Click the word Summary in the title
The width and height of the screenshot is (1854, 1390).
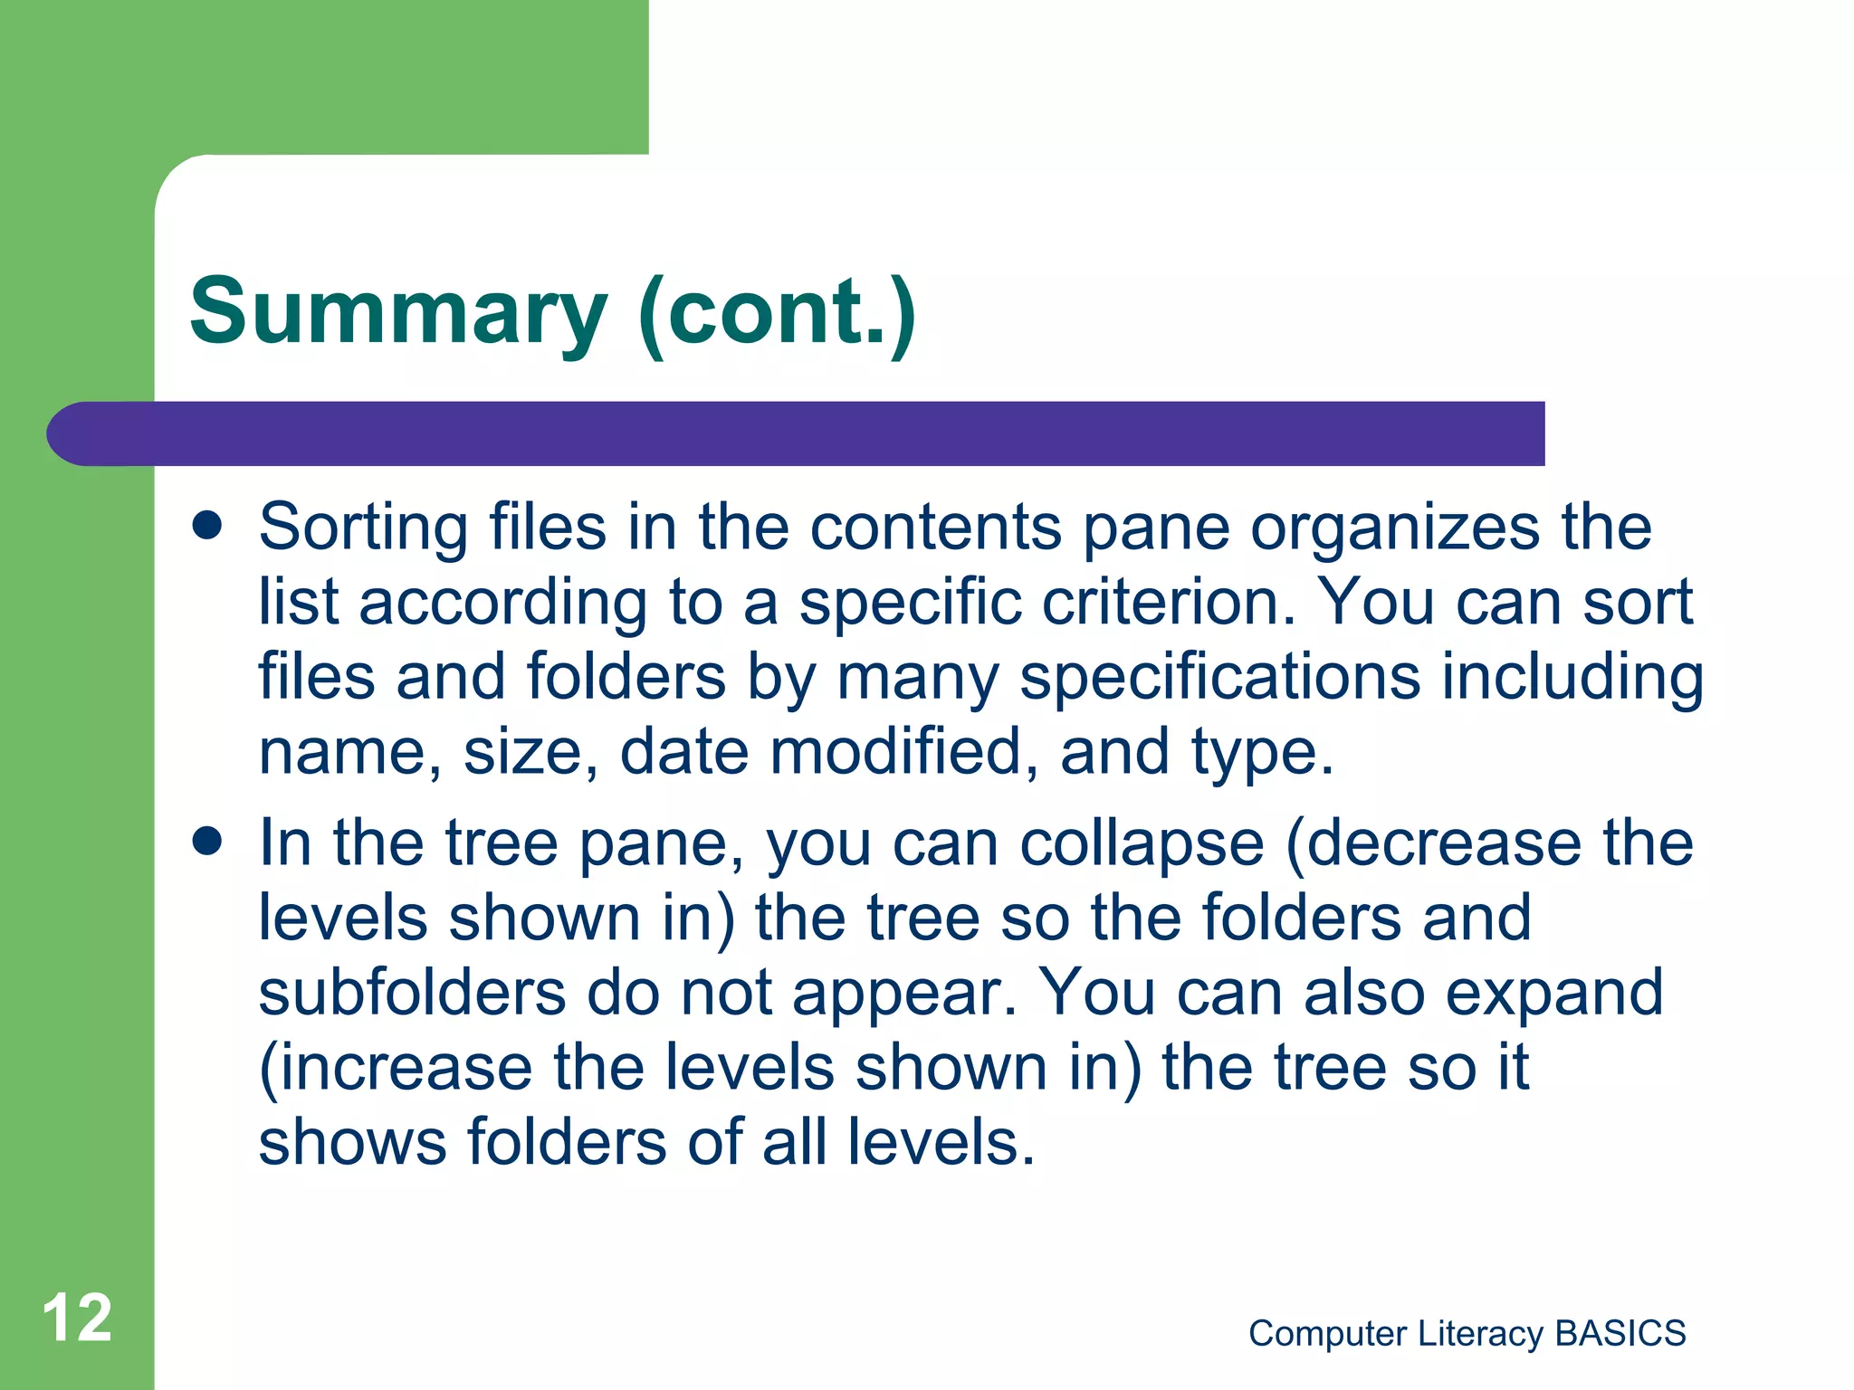(x=398, y=312)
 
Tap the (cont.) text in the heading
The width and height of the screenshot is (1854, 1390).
(x=777, y=312)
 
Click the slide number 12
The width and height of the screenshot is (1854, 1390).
(x=77, y=1318)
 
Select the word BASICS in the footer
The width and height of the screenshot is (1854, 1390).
(x=1620, y=1333)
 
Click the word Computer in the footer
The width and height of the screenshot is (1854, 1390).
(x=1327, y=1333)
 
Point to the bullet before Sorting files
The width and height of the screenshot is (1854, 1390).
(x=207, y=526)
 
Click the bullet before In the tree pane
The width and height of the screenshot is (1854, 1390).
(x=207, y=842)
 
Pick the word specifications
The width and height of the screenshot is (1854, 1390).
(x=1219, y=678)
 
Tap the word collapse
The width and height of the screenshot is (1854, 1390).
(x=1141, y=844)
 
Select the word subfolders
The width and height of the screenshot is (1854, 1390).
(x=412, y=993)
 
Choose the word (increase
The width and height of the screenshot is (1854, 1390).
(x=396, y=1068)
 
